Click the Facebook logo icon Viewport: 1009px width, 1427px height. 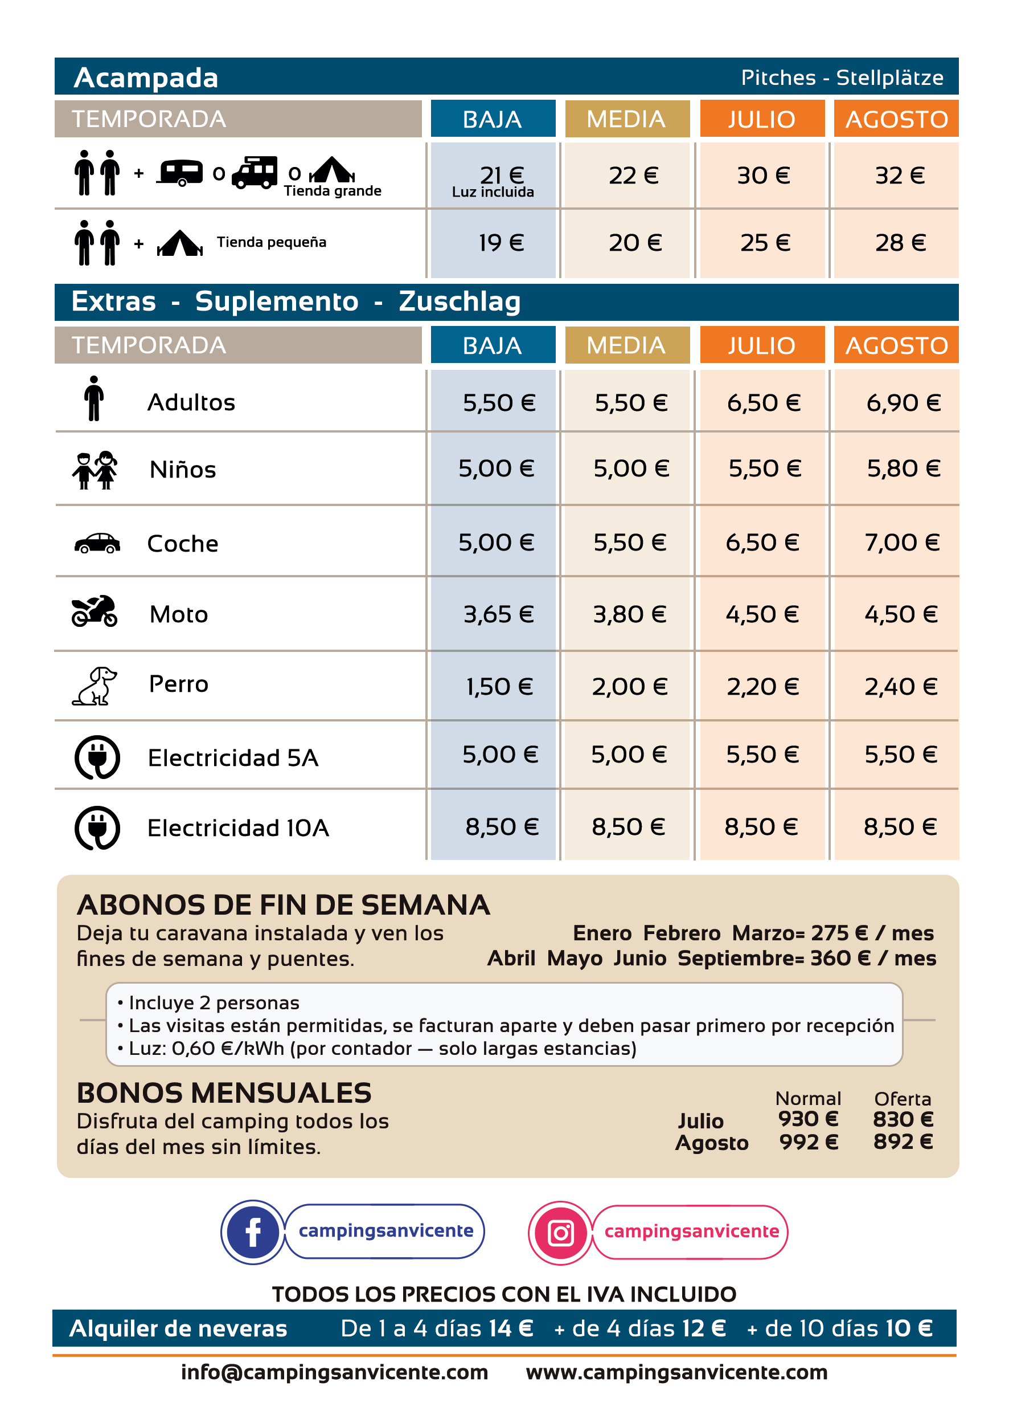point(252,1232)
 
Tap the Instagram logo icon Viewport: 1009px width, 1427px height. point(560,1232)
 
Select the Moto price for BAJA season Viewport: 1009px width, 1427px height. point(498,614)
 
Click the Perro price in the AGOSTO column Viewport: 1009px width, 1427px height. point(900,687)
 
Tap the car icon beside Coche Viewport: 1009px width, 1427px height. point(97,543)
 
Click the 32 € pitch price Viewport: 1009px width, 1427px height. point(900,176)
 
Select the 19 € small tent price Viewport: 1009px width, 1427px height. point(501,243)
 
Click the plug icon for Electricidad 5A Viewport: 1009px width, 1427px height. point(97,757)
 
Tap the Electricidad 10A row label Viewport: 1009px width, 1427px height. point(238,828)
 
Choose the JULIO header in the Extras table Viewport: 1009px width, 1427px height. point(762,345)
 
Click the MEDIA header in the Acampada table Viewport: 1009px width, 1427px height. point(626,119)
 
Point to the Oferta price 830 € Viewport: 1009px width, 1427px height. point(903,1119)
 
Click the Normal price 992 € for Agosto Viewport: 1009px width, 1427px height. point(809,1141)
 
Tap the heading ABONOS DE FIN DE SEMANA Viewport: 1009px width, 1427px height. point(284,905)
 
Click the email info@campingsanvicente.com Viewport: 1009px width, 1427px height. point(334,1372)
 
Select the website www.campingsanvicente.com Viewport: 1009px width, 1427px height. point(676,1372)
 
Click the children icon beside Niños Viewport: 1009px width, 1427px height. point(95,470)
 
